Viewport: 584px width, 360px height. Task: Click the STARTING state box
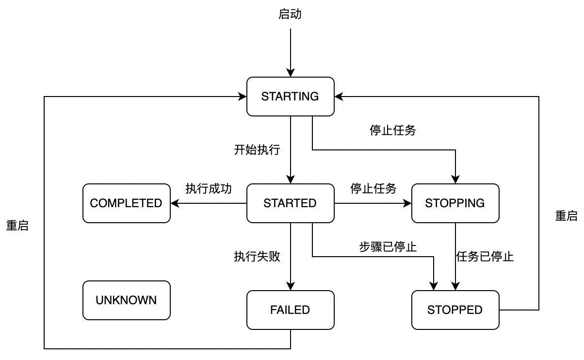click(290, 97)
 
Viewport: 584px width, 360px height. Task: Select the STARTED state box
click(290, 203)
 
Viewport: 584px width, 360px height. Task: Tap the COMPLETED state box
click(126, 203)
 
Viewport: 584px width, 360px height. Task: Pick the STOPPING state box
click(455, 203)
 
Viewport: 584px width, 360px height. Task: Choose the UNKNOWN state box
click(126, 300)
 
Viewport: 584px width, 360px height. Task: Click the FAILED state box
click(290, 310)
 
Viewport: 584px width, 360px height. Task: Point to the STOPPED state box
click(455, 310)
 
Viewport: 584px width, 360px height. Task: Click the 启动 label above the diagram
click(290, 15)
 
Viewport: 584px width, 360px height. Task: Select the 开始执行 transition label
click(257, 150)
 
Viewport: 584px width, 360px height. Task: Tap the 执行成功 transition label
click(209, 189)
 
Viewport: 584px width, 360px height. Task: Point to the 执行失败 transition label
click(257, 257)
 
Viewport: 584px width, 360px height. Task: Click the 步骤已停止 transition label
click(388, 247)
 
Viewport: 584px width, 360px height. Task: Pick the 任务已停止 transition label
click(485, 257)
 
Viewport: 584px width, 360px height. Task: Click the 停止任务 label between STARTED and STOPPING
click(373, 189)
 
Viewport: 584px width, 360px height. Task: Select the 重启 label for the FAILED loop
click(17, 226)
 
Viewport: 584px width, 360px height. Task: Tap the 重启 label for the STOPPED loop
click(566, 216)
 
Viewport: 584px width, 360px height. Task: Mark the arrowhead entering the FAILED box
click(290, 286)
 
